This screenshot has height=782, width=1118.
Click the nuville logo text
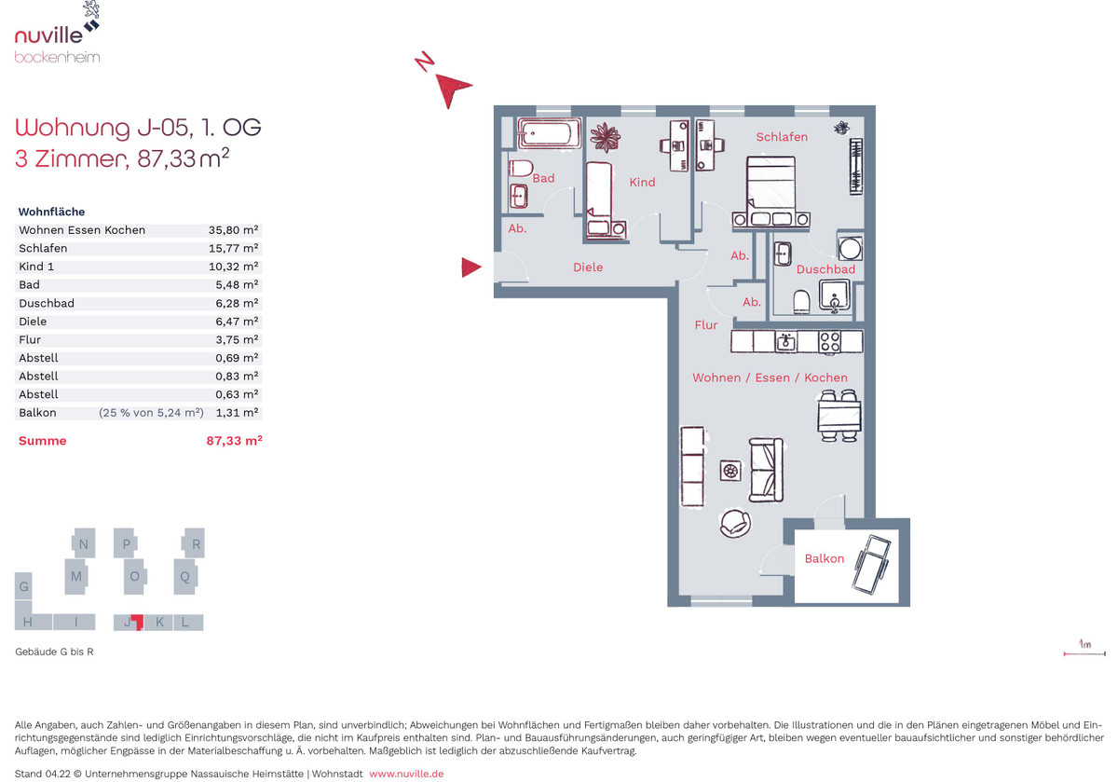point(48,35)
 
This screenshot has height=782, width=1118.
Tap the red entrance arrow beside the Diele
point(471,268)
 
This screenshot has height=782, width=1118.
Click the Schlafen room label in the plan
point(782,137)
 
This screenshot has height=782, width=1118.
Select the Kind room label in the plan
point(642,183)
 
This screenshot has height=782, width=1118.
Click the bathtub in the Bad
point(549,133)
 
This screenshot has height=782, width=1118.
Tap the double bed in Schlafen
point(771,192)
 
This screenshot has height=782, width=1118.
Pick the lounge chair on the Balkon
point(872,564)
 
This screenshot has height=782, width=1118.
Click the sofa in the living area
point(766,470)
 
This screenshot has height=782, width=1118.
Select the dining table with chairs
point(839,416)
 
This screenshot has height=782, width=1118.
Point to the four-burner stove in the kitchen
point(829,343)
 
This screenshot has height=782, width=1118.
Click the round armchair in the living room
point(735,523)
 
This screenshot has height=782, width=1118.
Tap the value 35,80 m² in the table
point(233,230)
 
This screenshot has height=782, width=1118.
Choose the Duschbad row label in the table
point(47,303)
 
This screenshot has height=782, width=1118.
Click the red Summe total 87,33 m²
point(234,441)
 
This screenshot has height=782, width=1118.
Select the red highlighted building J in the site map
point(137,622)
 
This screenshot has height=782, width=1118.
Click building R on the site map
point(194,543)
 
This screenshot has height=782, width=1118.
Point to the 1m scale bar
point(1084,653)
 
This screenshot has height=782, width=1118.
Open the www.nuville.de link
point(406,774)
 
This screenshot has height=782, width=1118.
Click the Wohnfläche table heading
point(51,212)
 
